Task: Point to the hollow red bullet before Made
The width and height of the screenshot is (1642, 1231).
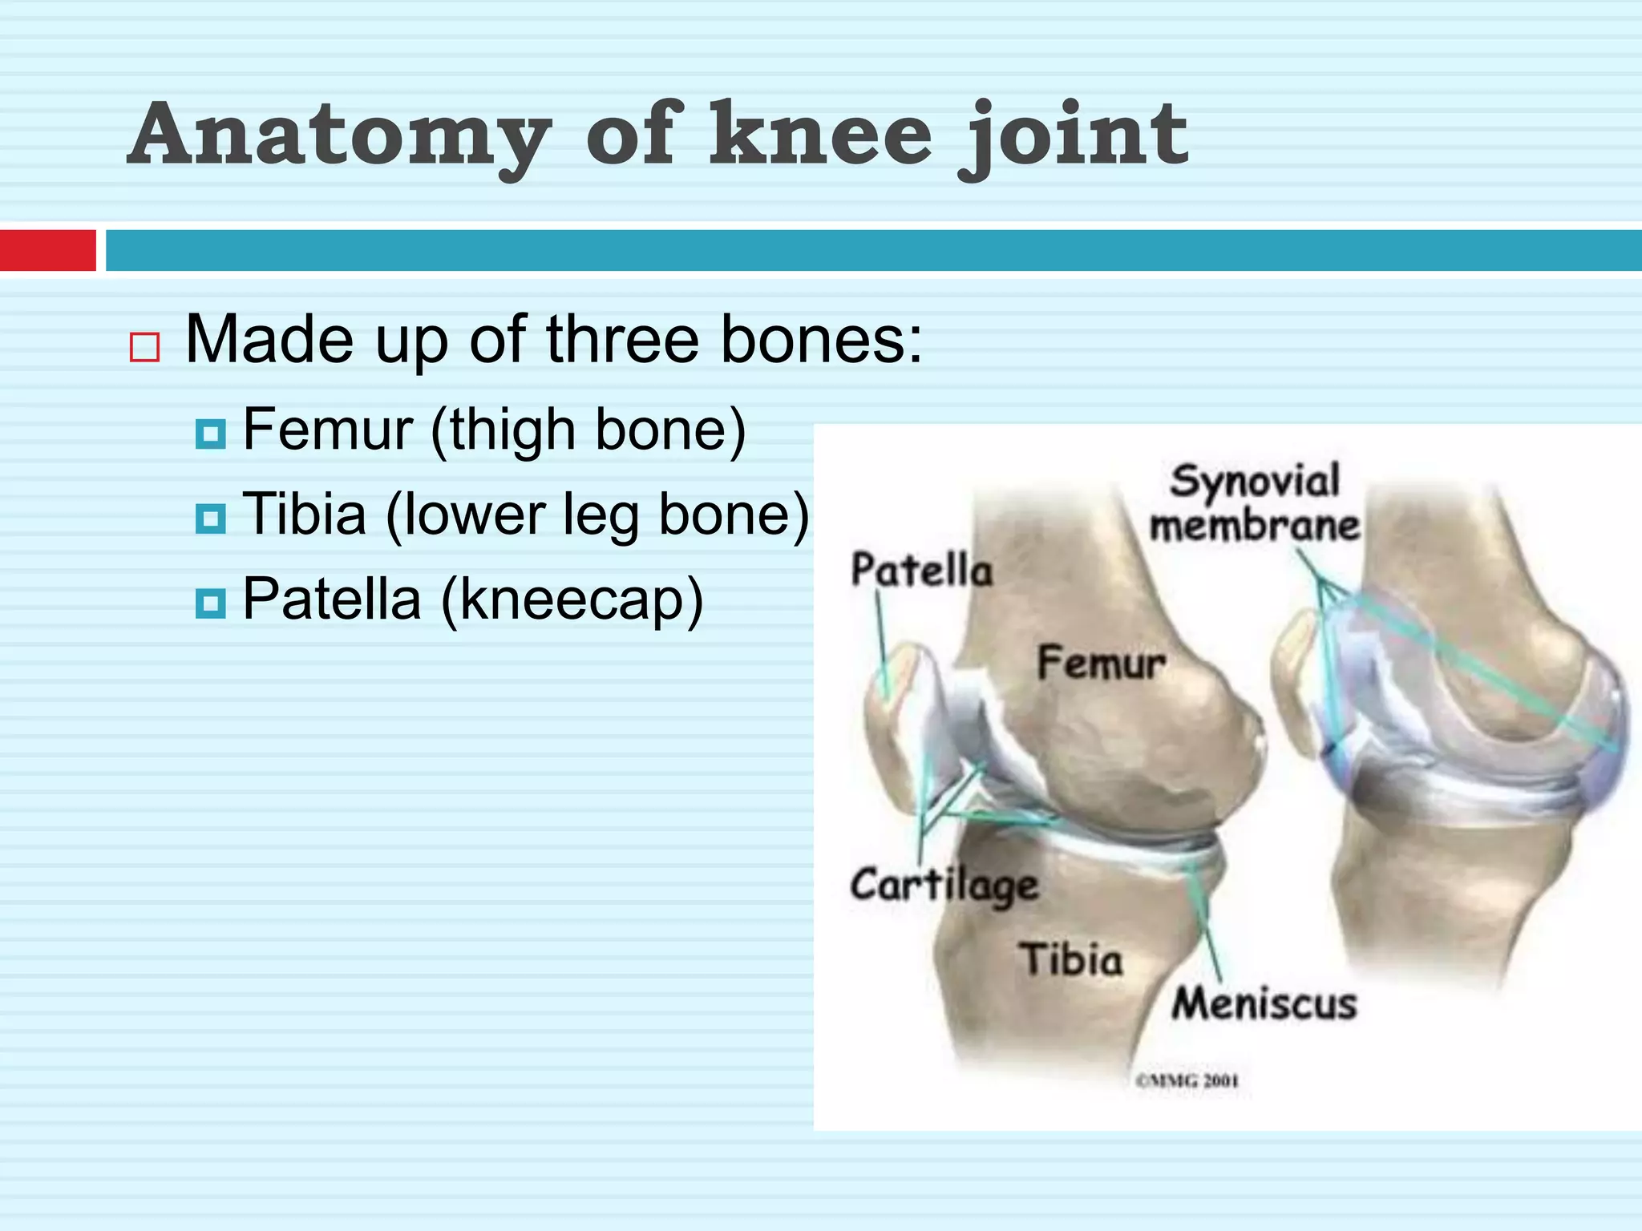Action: [144, 347]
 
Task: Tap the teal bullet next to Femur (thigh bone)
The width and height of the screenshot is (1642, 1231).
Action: [211, 434]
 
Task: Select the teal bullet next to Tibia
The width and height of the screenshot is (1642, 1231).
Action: [211, 519]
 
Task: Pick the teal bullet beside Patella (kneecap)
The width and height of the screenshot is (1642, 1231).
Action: [211, 603]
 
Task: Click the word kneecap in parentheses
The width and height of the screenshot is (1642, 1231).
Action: [572, 599]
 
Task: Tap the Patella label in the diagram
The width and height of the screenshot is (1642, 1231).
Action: [922, 571]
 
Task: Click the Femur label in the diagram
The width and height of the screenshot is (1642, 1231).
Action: [1101, 664]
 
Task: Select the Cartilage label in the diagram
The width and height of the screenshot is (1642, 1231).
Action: [944, 886]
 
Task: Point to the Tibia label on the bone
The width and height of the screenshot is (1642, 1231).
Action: [1071, 959]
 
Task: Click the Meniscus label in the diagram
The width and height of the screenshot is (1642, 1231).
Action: [1264, 1003]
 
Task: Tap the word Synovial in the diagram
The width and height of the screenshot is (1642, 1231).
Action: [1255, 481]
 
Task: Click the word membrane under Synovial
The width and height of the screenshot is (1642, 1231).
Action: [1255, 526]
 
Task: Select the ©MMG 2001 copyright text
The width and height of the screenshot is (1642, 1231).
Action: [1187, 1081]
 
